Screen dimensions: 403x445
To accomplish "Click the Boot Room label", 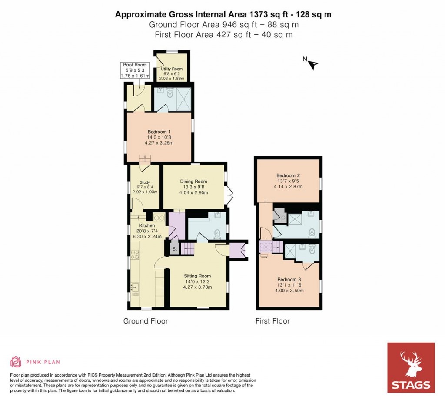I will [135, 65].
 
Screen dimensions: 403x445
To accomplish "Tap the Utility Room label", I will [172, 69].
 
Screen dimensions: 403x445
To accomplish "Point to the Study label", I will [145, 182].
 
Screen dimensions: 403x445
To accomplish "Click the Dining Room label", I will [193, 182].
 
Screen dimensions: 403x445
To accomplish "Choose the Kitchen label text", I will [147, 225].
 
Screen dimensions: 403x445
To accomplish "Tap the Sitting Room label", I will [197, 276].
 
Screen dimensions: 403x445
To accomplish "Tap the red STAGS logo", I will [411, 368].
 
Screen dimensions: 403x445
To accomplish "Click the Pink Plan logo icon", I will [16, 362].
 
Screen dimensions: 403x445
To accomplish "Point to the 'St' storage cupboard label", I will [174, 249].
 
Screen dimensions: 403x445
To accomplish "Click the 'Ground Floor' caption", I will [146, 321].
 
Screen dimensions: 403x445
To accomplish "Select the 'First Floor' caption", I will [272, 321].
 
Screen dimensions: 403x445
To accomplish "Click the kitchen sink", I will [134, 287].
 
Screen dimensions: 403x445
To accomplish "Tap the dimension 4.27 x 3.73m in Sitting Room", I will [197, 287].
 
